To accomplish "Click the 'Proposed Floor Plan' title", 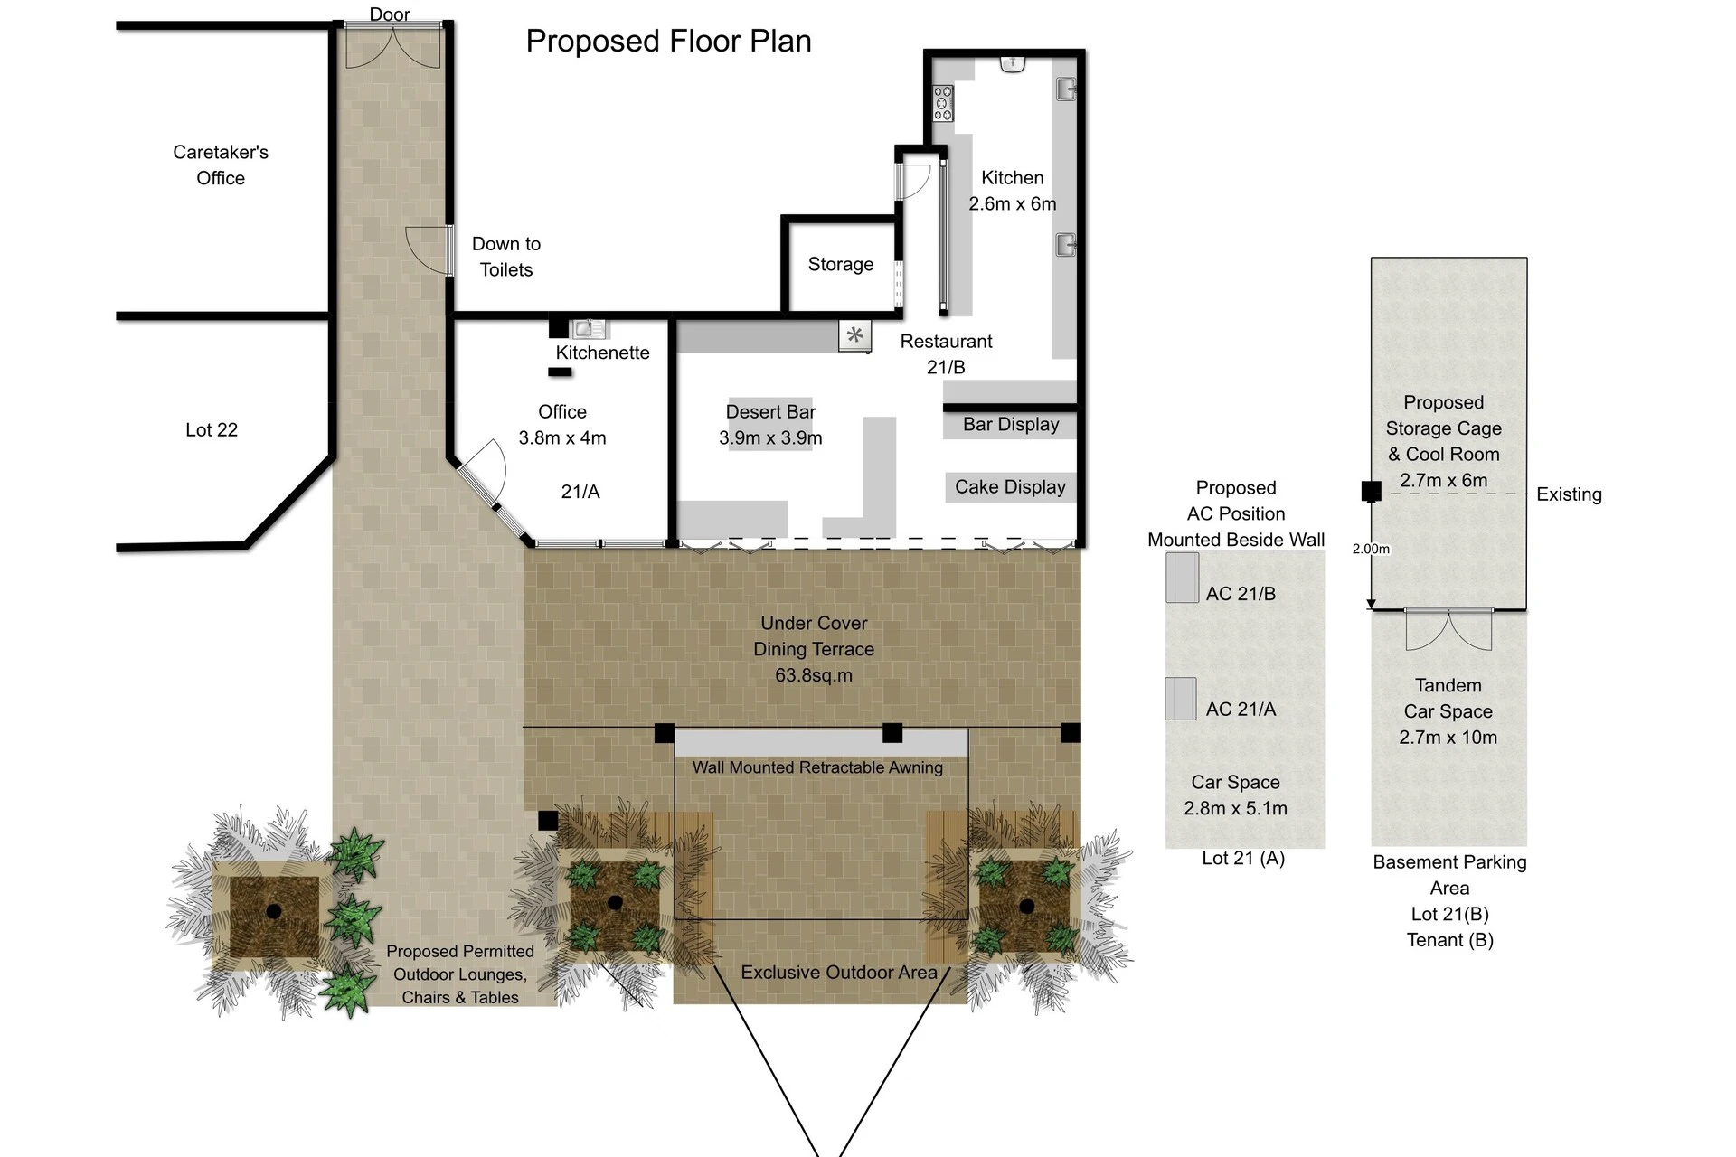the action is pyautogui.click(x=668, y=42).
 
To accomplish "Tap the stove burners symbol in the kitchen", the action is pyautogui.click(x=943, y=103).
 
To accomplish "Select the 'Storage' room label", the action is pyautogui.click(x=841, y=264).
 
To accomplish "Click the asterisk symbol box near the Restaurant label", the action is pyautogui.click(x=854, y=335).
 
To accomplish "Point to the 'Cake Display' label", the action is pyautogui.click(x=1010, y=487).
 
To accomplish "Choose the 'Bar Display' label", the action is pyautogui.click(x=1011, y=425).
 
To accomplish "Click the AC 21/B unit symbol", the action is pyautogui.click(x=1182, y=578).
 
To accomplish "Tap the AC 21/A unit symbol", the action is pyautogui.click(x=1181, y=699).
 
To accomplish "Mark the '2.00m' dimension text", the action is pyautogui.click(x=1371, y=549).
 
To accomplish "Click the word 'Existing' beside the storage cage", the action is pyautogui.click(x=1569, y=494).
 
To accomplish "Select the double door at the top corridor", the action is pyautogui.click(x=393, y=46).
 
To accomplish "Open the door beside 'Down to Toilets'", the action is pyautogui.click(x=429, y=250).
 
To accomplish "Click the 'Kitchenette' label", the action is pyautogui.click(x=602, y=353).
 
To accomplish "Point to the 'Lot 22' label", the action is pyautogui.click(x=212, y=430).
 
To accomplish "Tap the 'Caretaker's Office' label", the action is pyautogui.click(x=221, y=165).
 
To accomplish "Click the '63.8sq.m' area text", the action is pyautogui.click(x=814, y=675).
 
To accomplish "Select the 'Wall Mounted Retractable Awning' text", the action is pyautogui.click(x=817, y=767).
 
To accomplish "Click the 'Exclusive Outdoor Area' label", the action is pyautogui.click(x=839, y=973).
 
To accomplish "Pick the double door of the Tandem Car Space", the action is pyautogui.click(x=1448, y=630).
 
